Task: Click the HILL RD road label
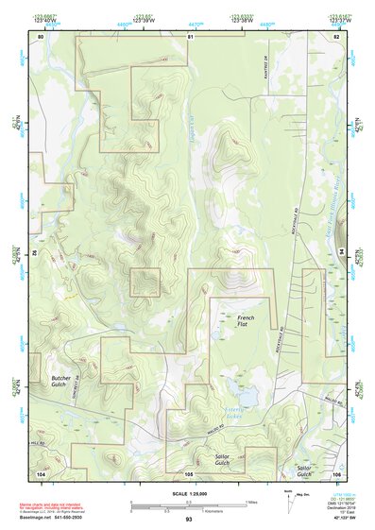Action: pyautogui.click(x=39, y=442)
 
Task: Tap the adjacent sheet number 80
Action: pyautogui.click(x=41, y=36)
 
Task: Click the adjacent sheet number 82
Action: pyautogui.click(x=335, y=36)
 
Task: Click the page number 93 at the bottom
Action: pyautogui.click(x=188, y=520)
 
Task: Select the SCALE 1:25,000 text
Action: pyautogui.click(x=188, y=493)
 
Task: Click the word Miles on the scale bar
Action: pyautogui.click(x=250, y=501)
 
